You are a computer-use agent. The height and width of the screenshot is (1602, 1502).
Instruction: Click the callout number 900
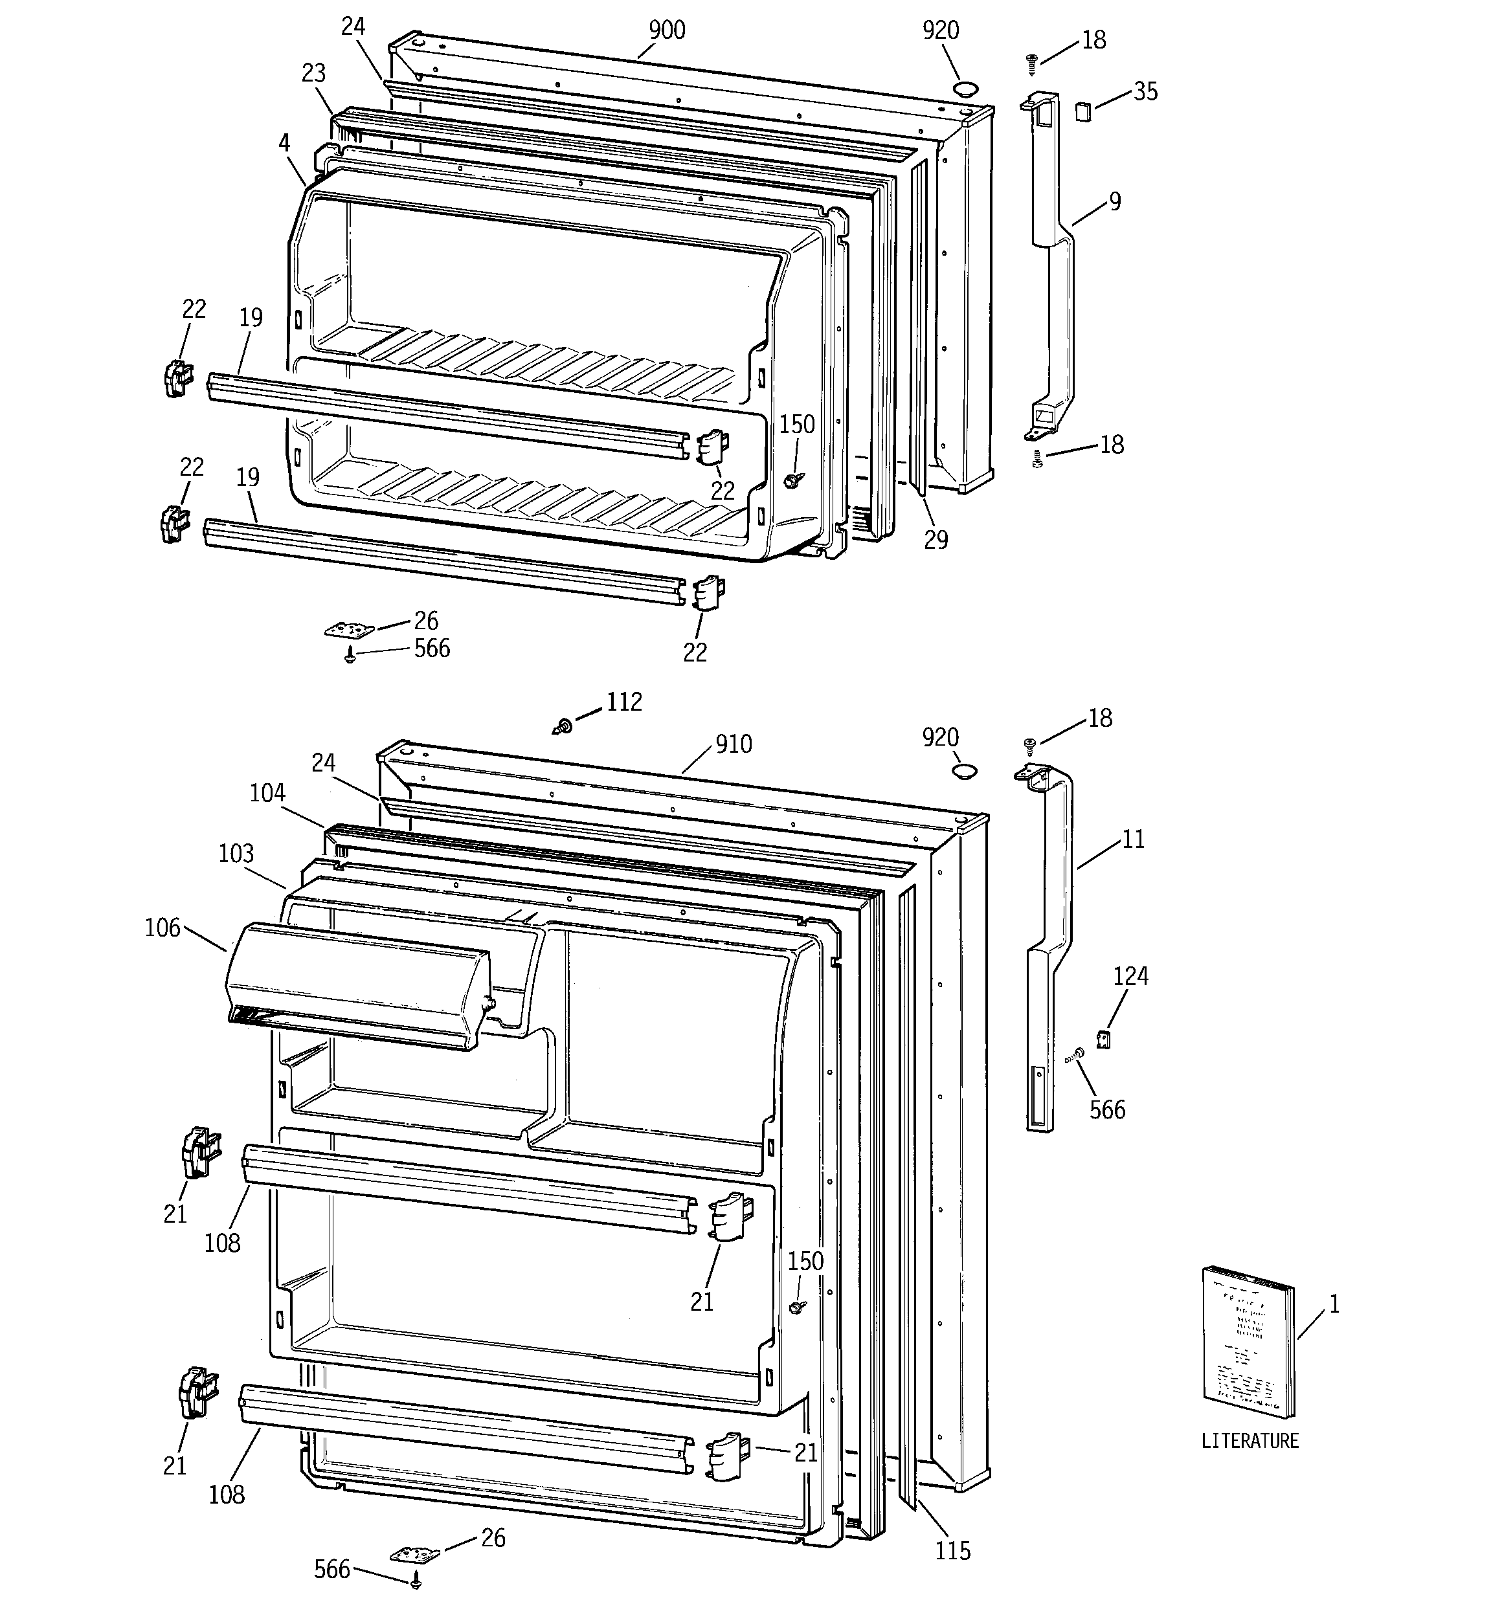667,30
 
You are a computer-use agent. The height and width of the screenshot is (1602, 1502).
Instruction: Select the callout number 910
733,744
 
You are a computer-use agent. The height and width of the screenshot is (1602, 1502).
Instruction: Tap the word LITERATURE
1250,1441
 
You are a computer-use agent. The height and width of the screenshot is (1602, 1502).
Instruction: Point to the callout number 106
162,928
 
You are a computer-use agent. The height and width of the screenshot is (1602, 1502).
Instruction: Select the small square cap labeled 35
1082,111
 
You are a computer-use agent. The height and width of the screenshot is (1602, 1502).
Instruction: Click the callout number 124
1130,976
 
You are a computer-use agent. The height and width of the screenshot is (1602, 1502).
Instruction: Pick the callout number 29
936,540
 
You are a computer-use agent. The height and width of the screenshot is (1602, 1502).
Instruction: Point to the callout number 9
1115,201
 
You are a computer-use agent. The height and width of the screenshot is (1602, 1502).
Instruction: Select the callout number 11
1133,840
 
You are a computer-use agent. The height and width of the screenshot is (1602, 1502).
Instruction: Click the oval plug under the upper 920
964,89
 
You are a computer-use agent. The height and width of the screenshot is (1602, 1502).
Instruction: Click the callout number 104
267,794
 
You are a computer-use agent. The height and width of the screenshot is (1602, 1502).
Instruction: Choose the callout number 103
236,853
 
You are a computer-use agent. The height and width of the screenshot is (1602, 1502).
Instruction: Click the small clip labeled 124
1104,1040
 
